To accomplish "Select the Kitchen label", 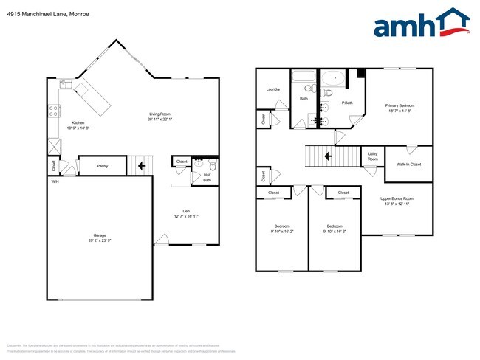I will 78,123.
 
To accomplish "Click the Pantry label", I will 103,166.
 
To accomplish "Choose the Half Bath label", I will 208,178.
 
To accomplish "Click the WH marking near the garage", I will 55,181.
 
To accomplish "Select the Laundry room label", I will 273,90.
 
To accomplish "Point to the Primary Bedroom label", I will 400,105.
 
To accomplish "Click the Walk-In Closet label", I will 408,164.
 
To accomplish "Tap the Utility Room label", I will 373,156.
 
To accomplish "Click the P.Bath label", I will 347,102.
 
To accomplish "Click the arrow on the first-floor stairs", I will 141,166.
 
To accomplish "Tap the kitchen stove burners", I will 54,111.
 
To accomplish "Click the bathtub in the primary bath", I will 333,77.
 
